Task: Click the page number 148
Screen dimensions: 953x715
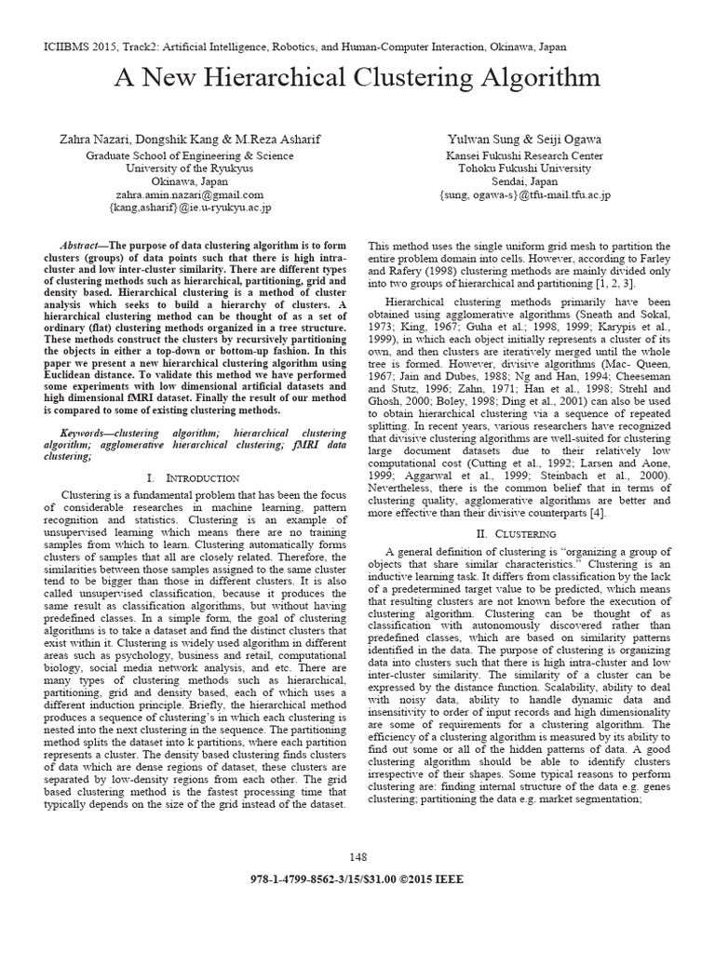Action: pos(357,856)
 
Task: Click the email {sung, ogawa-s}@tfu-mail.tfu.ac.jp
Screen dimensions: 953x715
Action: pos(524,195)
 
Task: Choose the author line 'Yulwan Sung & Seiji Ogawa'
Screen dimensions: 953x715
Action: pos(524,139)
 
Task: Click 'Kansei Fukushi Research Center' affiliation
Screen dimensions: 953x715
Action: pos(524,155)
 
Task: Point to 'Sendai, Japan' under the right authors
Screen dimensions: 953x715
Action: pos(524,181)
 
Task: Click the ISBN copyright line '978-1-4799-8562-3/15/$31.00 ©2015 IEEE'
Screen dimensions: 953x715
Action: pos(357,879)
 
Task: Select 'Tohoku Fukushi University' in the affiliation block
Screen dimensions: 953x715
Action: pos(524,168)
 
